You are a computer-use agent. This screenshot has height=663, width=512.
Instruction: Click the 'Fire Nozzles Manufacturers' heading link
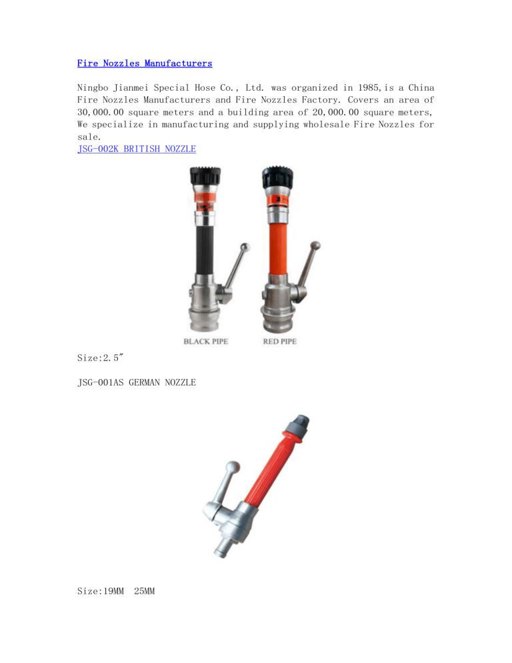coord(145,63)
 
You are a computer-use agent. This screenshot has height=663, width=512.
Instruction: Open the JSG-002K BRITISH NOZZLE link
coord(137,149)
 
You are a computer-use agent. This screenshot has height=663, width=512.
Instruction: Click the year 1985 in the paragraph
coord(369,87)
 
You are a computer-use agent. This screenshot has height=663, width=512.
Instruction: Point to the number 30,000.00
coord(100,113)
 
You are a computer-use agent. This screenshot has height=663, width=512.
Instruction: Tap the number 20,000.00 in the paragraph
coord(335,113)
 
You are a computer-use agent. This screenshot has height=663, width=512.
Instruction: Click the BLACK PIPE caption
coord(206,342)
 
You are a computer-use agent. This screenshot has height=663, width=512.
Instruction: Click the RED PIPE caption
coord(280,342)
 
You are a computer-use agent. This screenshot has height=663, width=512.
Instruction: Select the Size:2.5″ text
coord(100,358)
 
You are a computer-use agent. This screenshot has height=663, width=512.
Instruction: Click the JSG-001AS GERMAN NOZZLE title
coord(137,382)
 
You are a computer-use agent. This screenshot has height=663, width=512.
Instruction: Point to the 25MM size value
coord(144,591)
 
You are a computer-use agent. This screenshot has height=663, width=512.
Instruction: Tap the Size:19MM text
coord(100,591)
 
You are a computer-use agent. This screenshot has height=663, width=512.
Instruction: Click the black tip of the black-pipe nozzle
coord(205,176)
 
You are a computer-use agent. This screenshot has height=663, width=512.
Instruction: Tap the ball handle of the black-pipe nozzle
coord(245,247)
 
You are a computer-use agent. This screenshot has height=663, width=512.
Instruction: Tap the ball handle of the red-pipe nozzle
coord(315,245)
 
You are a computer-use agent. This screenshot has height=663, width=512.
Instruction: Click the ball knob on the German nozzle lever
coord(232,467)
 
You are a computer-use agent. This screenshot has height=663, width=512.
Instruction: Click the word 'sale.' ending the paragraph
coord(89,137)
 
